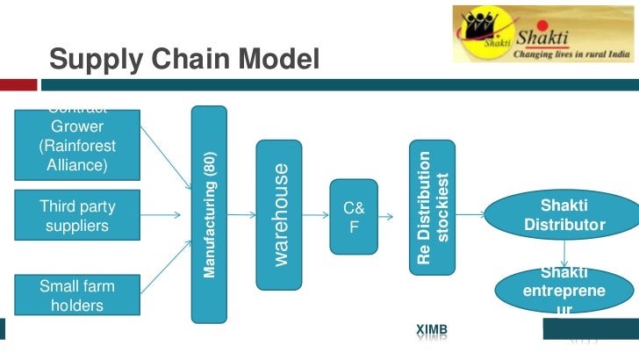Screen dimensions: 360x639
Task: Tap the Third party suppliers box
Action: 77,216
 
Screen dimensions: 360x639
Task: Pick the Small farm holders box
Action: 77,295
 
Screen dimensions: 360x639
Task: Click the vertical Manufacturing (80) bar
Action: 209,212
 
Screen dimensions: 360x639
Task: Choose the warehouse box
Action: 277,213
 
